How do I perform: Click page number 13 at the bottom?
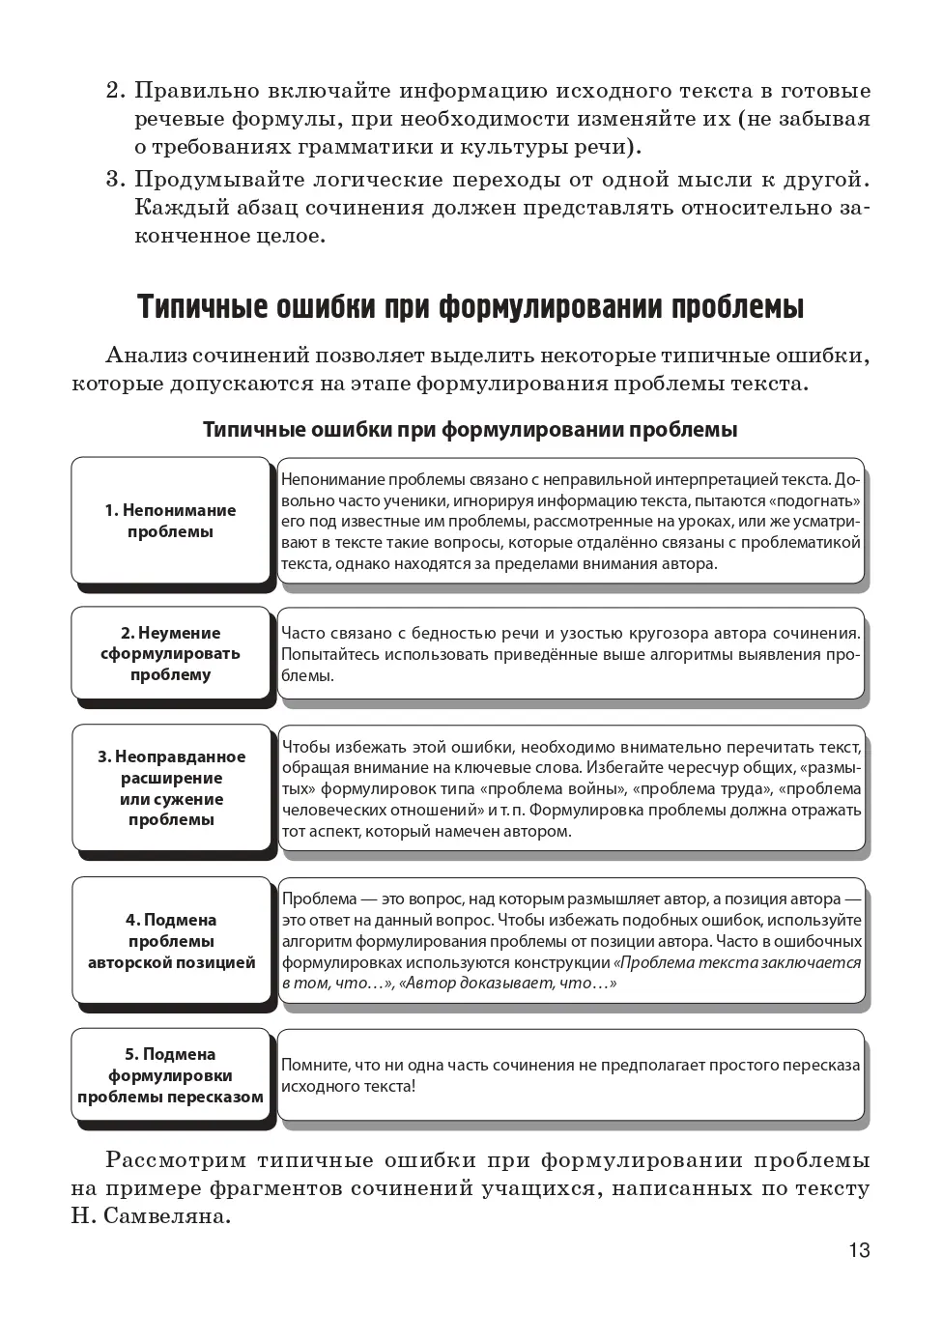(859, 1250)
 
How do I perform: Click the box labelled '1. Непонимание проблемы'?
(170, 521)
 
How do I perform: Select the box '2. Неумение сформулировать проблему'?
(170, 653)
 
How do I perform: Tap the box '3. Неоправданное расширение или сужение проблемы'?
(171, 787)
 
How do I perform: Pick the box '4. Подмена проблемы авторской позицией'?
(171, 941)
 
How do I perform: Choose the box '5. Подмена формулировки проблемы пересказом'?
(170, 1075)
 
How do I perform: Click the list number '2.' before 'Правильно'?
(116, 91)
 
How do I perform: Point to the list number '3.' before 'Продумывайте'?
(116, 179)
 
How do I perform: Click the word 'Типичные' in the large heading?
(202, 307)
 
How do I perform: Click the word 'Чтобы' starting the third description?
(305, 747)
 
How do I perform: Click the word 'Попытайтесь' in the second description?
(328, 655)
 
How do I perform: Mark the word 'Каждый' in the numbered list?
(170, 208)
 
